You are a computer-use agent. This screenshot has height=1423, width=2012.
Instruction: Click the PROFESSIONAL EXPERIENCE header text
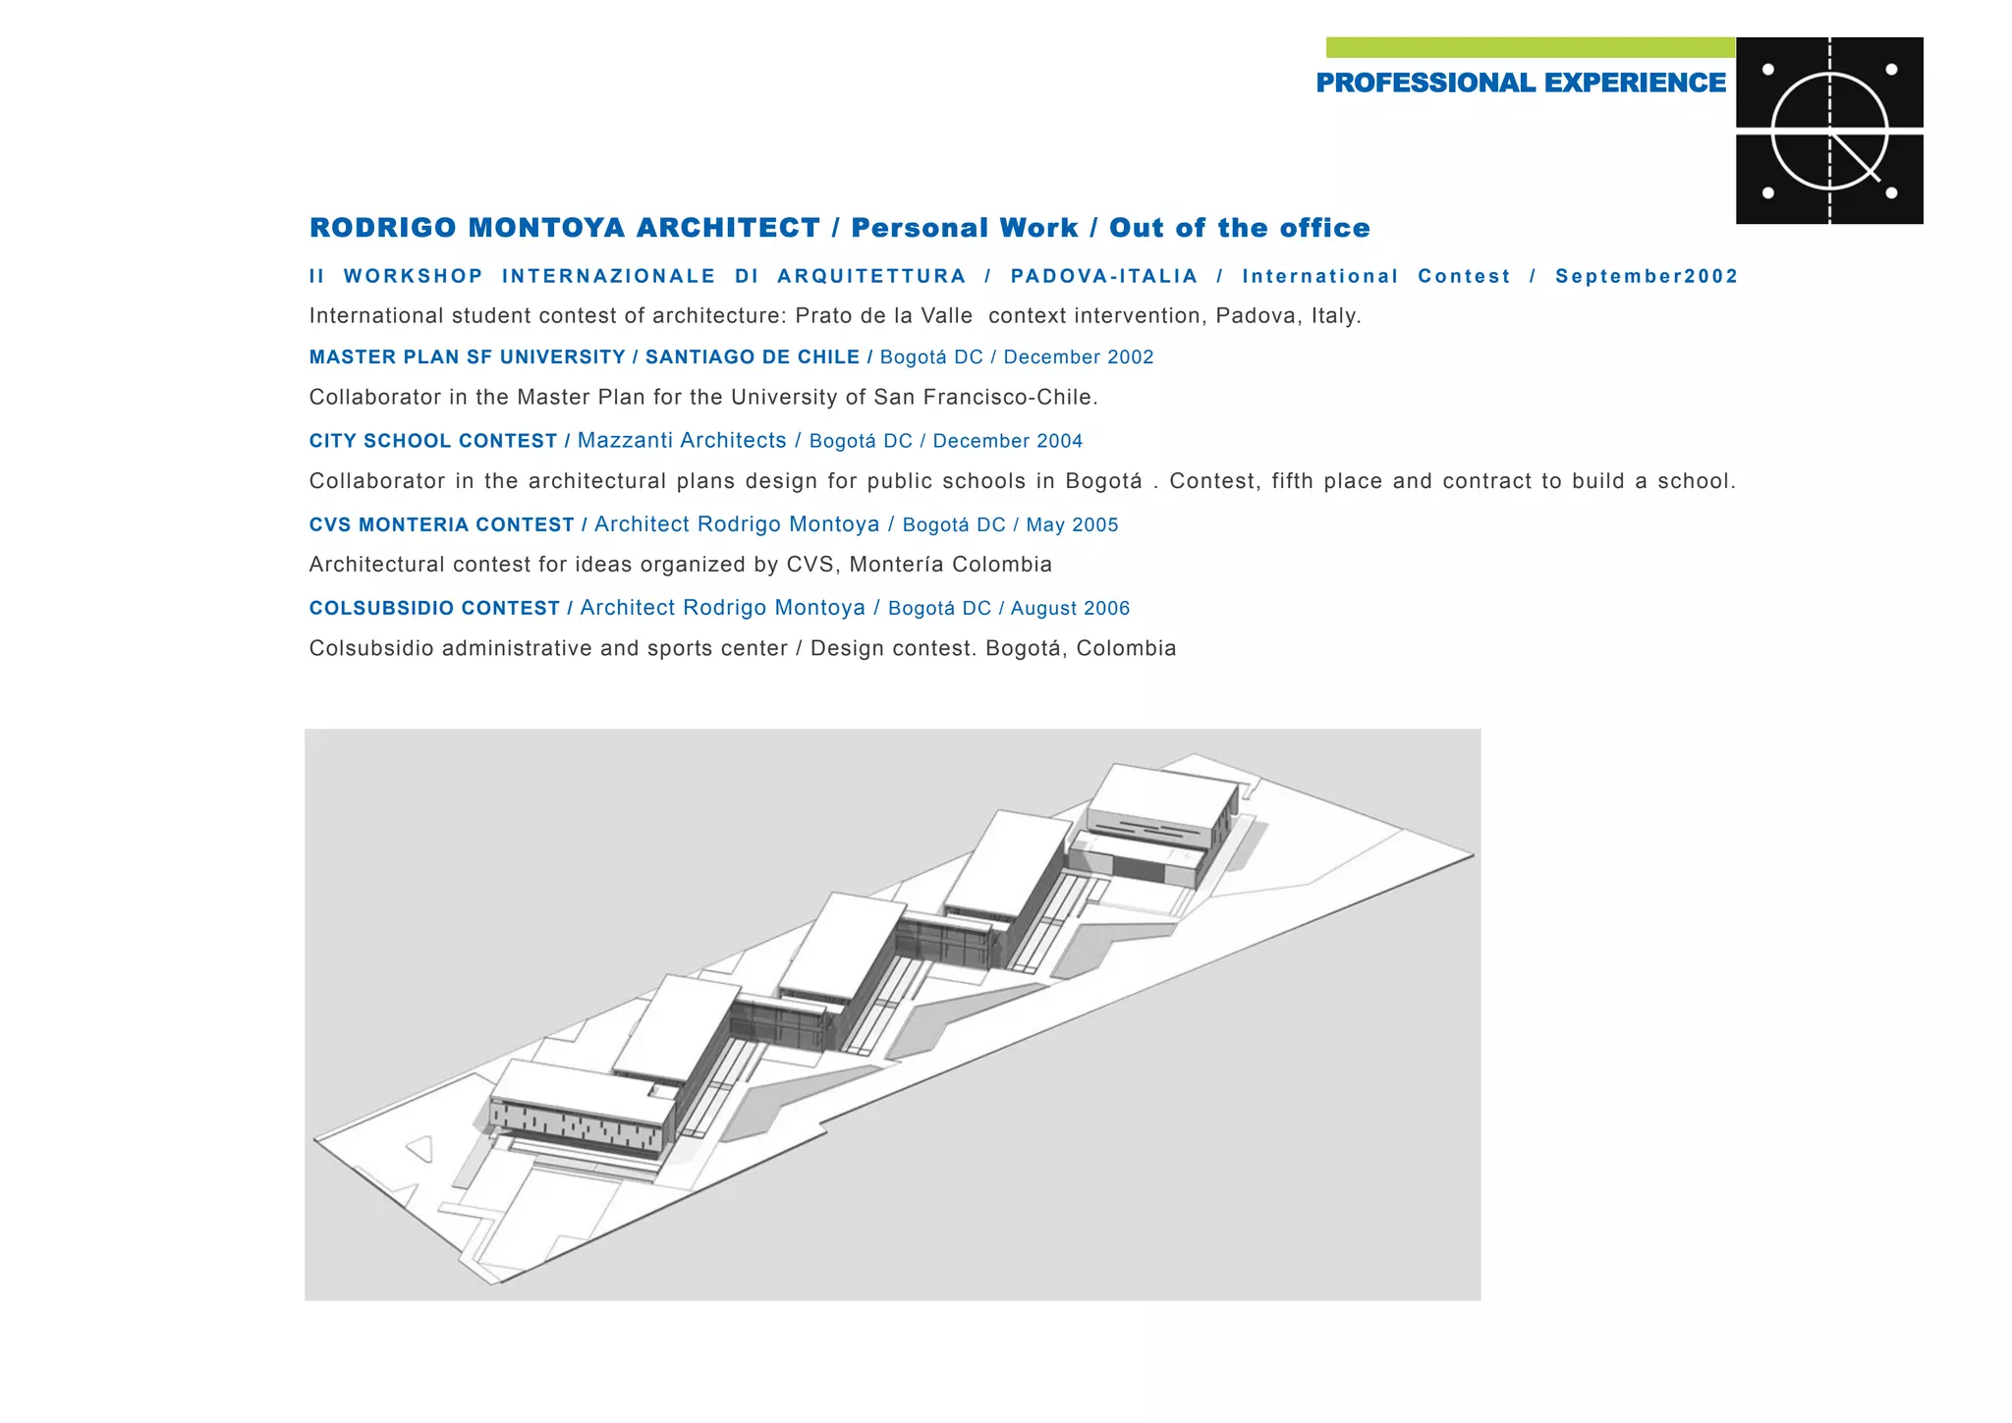coord(1520,83)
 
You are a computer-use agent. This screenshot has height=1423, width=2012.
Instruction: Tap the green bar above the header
coord(1530,47)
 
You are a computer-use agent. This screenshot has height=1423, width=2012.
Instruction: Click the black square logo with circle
coord(1829,131)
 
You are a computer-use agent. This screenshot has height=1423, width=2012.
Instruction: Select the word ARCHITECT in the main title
coord(728,228)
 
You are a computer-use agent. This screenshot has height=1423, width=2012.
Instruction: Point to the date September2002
coord(1647,276)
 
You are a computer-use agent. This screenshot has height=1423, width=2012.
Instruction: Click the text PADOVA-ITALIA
coord(1104,276)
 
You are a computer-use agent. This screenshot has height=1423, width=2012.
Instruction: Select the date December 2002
coord(1079,357)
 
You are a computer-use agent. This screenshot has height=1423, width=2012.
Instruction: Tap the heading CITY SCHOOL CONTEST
coord(433,441)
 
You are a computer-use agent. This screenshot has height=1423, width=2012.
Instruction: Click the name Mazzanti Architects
coord(682,441)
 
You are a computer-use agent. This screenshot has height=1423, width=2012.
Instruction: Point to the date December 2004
coord(1007,441)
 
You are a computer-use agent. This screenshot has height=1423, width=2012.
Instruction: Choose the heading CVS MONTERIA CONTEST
coord(441,525)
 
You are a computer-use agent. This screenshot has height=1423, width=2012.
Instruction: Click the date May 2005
coord(1072,525)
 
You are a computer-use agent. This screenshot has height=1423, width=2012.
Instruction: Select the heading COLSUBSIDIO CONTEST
coord(434,609)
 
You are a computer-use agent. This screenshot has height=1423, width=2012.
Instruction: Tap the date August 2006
coord(1070,609)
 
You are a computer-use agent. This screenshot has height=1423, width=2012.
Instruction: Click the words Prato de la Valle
coord(883,316)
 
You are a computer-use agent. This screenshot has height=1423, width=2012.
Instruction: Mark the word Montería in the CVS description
coord(895,565)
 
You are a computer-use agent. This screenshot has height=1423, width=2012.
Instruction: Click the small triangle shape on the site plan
coord(420,1148)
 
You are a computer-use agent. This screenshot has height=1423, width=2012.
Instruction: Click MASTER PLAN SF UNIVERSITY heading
coord(468,357)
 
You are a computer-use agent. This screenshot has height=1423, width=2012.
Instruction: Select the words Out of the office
coord(1239,228)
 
